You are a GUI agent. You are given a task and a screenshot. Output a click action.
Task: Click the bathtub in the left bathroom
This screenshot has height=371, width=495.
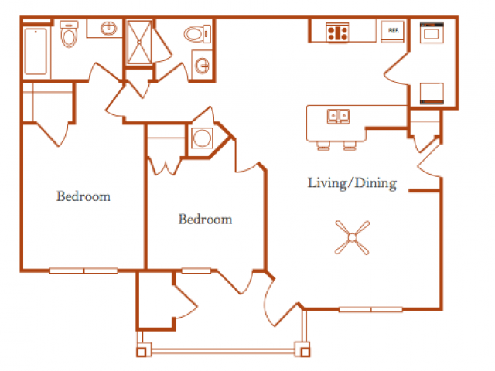36,51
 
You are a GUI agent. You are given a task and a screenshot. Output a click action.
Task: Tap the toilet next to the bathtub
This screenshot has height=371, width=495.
69,34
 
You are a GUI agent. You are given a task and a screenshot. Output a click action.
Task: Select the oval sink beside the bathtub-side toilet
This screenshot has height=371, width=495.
108,29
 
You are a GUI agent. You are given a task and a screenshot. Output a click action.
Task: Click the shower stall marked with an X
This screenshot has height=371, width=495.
139,43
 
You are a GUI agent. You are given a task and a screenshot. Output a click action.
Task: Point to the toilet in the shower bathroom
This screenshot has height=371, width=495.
197,34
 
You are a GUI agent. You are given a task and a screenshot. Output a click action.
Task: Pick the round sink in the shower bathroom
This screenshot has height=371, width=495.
202,65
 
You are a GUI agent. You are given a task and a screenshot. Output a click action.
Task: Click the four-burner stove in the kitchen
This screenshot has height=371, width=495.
337,32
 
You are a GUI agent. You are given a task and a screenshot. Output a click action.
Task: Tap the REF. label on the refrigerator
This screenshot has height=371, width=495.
394,30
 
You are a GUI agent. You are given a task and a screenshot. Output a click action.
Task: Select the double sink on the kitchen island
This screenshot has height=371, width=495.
339,116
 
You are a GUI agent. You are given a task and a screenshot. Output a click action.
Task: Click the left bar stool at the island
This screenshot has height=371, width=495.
323,146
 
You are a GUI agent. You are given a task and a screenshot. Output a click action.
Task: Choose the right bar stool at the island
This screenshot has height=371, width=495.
350,146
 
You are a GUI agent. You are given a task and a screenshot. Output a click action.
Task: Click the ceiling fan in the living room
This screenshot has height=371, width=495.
352,237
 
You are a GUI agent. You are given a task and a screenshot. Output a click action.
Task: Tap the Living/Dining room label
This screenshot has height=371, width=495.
353,183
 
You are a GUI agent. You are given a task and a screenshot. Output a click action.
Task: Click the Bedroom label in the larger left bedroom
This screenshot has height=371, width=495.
84,196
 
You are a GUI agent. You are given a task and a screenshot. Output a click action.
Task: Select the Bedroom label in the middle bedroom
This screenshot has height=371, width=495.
205,219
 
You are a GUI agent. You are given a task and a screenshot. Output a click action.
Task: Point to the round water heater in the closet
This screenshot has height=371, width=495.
202,138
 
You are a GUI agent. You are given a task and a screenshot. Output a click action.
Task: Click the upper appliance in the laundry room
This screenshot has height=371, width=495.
432,32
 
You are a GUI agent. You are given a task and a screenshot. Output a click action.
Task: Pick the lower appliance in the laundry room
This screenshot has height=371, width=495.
432,94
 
